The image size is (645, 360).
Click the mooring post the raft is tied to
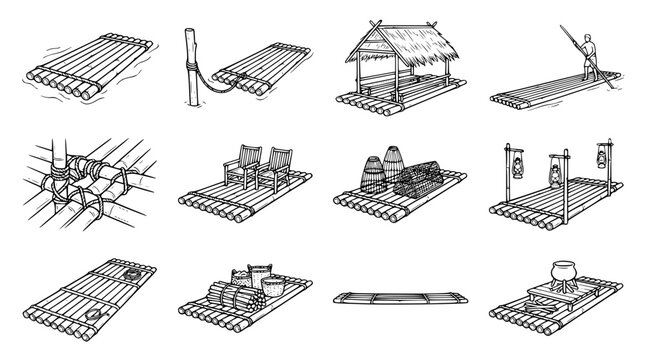tap(187, 70)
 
